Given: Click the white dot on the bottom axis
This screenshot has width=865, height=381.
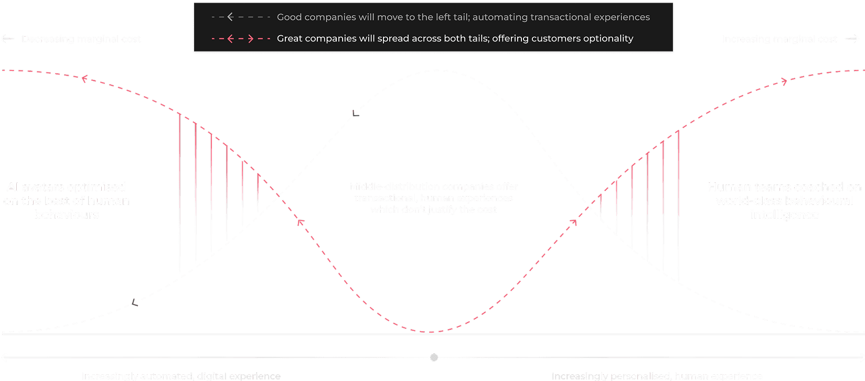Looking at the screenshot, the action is coord(434,357).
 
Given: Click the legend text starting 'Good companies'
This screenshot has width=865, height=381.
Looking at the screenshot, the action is coord(463,17).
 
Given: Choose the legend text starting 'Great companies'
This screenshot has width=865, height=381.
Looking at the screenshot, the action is coord(455,38).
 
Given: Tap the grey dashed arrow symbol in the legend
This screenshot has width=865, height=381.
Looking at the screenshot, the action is coord(241,17).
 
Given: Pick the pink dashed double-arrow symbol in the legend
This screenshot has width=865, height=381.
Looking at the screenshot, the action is coord(241,38).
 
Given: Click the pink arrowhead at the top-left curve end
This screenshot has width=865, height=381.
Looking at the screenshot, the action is coord(83,79).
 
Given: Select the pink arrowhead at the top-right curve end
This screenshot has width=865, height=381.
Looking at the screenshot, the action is coord(784,81).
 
